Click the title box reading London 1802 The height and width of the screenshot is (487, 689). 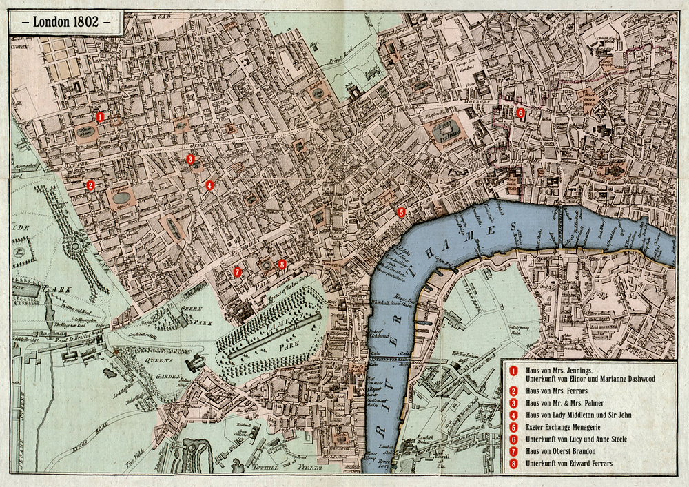(x=66, y=21)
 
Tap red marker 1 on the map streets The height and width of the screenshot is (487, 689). (x=100, y=117)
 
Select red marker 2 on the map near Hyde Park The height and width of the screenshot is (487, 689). (x=90, y=185)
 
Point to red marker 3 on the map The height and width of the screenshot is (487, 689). (x=190, y=159)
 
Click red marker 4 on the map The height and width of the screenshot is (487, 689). (x=209, y=185)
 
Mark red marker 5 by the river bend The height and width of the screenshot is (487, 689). (x=402, y=212)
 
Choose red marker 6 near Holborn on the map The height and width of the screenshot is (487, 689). (x=520, y=112)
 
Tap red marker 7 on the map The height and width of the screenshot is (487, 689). (x=237, y=271)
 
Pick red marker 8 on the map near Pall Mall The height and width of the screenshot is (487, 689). (x=281, y=264)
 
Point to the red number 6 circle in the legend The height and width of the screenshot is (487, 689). (x=513, y=439)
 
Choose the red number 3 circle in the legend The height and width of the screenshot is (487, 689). (x=513, y=403)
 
